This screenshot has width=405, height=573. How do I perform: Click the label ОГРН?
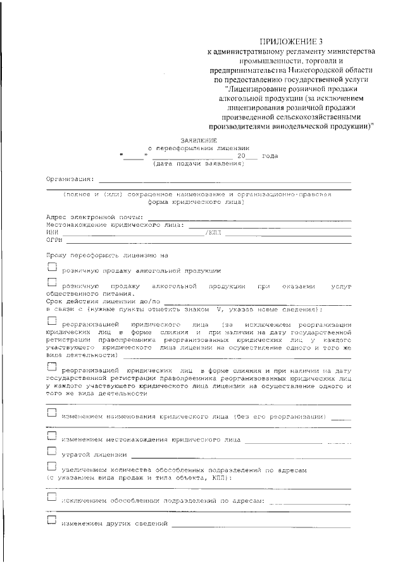(53, 241)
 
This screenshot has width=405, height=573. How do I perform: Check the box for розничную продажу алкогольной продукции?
(52, 268)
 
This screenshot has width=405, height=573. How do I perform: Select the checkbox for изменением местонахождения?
(52, 436)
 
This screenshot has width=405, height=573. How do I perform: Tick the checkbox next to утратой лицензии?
(52, 452)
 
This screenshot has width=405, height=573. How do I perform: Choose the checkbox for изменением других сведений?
(52, 521)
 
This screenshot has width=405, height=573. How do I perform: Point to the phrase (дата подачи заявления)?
(198, 163)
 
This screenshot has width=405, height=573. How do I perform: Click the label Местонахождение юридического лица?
(115, 225)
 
